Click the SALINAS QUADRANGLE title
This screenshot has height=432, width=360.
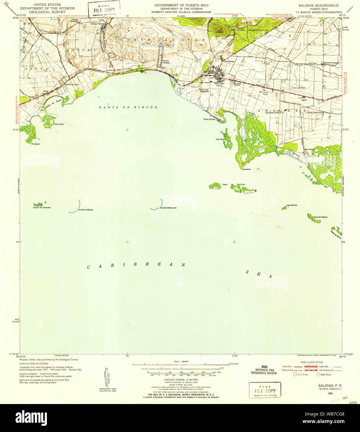pyautogui.click(x=318, y=6)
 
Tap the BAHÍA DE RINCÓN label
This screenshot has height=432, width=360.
pyautogui.click(x=128, y=107)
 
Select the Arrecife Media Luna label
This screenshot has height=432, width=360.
pyautogui.click(x=168, y=208)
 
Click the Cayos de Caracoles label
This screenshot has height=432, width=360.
pyautogui.click(x=42, y=207)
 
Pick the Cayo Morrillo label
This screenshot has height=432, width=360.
pyautogui.click(x=292, y=205)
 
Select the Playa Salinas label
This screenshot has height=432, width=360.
pyautogui.click(x=209, y=119)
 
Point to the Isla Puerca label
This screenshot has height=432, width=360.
pyautogui.click(x=59, y=124)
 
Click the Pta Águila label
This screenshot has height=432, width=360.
pyautogui.click(x=35, y=144)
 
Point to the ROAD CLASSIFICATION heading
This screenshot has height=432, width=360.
pyautogui.click(x=312, y=362)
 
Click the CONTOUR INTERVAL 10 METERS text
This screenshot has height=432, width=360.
pyautogui.click(x=181, y=380)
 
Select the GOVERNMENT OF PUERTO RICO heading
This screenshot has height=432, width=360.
pyautogui.click(x=181, y=6)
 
